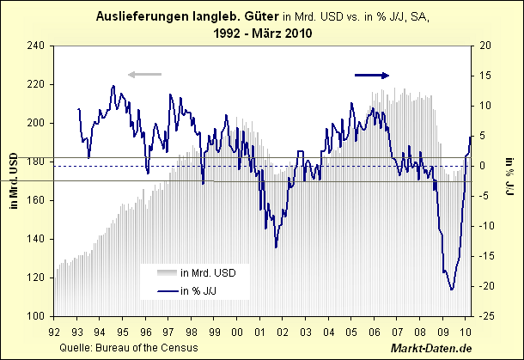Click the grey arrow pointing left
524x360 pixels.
click(x=144, y=76)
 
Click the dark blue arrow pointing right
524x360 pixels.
click(x=372, y=76)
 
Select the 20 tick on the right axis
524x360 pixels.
click(x=485, y=46)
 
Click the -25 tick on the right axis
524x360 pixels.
click(x=486, y=316)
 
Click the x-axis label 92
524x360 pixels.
click(x=56, y=331)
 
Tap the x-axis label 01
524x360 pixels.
click(x=260, y=331)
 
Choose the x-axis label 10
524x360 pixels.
click(x=466, y=331)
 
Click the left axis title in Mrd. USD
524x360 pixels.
click(x=13, y=180)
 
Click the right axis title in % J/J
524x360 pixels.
click(x=509, y=180)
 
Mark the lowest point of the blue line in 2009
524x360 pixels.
click(x=451, y=290)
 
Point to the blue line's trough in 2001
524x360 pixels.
click(x=276, y=247)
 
